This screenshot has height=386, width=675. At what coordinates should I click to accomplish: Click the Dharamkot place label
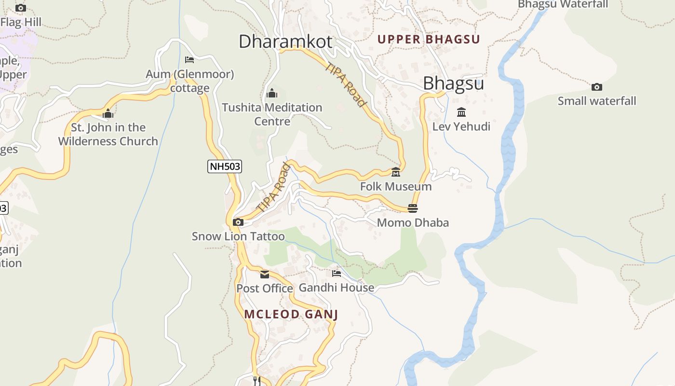coord(285,41)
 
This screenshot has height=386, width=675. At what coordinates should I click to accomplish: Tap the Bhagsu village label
coord(453,83)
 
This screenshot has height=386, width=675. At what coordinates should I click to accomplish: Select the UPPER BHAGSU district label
coord(429,40)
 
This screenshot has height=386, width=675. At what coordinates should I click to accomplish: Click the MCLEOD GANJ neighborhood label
coord(291,315)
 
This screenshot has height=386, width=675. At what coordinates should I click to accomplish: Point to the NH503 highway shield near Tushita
coord(225,166)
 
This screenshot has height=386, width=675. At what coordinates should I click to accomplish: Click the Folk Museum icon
coord(396,172)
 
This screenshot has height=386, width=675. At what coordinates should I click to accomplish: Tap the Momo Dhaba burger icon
coord(413,208)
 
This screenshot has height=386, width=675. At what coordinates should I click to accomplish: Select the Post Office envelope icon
coord(265,275)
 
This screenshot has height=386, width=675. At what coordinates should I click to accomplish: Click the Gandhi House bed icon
coord(337,274)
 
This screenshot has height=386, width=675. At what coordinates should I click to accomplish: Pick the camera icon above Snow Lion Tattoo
coord(238,222)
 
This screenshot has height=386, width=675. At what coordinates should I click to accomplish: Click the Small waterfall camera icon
coord(597,87)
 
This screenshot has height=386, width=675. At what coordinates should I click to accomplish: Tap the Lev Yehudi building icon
coord(461,112)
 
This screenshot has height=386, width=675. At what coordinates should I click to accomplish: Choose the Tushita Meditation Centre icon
coord(272,93)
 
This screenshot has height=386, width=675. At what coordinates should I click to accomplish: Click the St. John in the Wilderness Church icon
coord(108,114)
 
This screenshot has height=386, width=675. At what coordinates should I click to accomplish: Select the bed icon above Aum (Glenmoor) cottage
coord(189,60)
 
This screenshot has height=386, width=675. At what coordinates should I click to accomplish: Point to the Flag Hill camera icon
coord(20,8)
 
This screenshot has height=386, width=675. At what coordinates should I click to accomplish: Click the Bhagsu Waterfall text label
coord(563,4)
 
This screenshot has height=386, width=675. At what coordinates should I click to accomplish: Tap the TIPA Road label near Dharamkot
coord(346,84)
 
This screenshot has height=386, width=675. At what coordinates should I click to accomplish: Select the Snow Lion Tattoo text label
coord(238,236)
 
